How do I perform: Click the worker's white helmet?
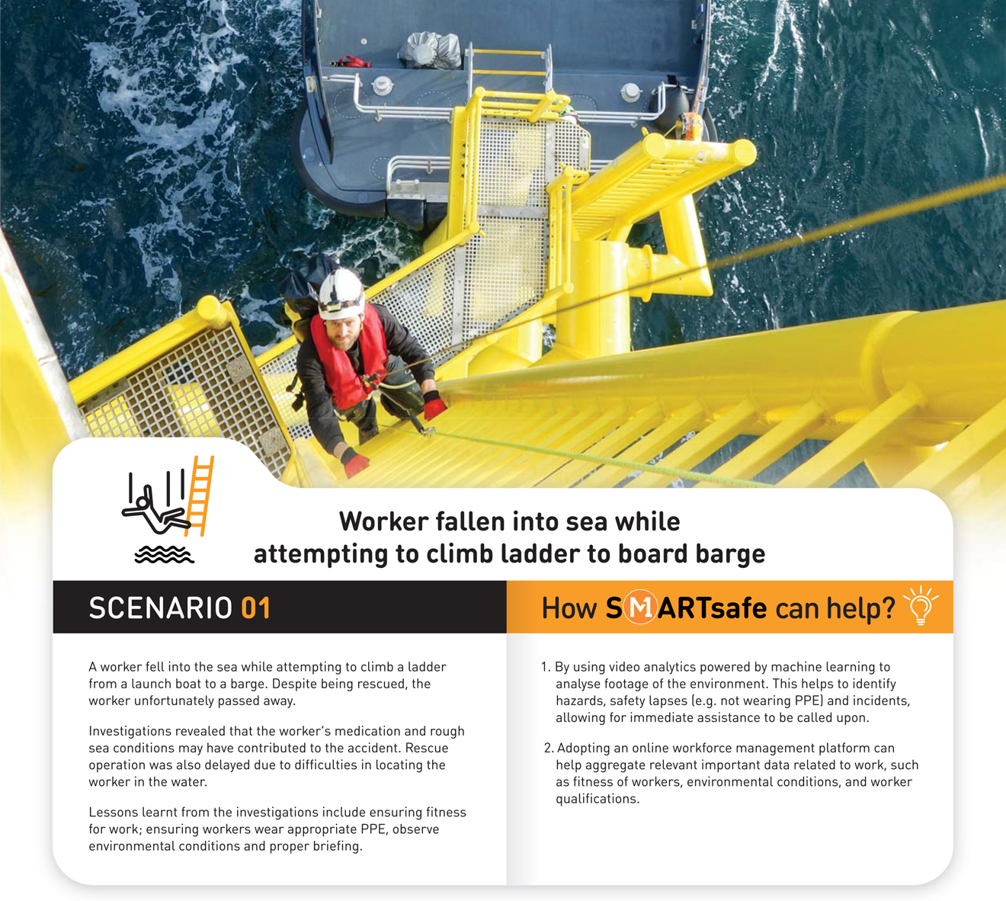(x=340, y=292)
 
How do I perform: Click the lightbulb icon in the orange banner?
(x=921, y=605)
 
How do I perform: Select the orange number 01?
(x=255, y=608)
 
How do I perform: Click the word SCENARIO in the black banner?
(x=160, y=608)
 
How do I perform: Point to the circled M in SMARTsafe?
(x=640, y=608)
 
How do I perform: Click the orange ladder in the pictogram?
(x=200, y=495)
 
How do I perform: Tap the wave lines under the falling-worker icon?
(x=164, y=555)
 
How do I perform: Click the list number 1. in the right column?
(x=546, y=667)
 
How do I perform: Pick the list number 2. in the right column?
(x=548, y=748)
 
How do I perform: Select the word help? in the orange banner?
(x=860, y=608)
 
